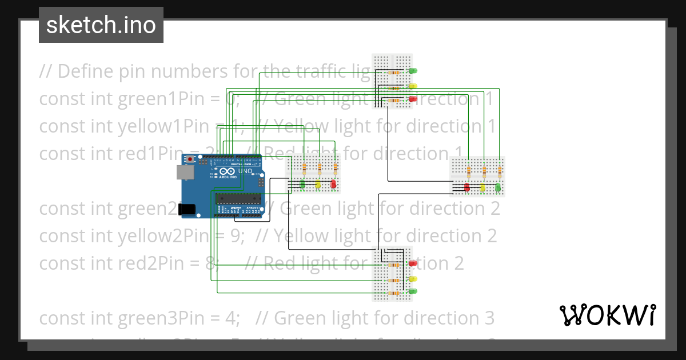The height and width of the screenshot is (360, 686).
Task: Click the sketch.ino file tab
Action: click(x=101, y=25)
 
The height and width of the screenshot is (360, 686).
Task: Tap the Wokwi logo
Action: click(x=607, y=315)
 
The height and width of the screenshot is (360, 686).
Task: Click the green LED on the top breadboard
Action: click(x=412, y=71)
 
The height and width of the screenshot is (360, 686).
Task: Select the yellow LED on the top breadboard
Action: click(x=412, y=86)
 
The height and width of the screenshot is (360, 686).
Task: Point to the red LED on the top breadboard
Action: click(x=412, y=99)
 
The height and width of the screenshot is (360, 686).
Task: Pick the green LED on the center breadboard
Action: click(x=302, y=184)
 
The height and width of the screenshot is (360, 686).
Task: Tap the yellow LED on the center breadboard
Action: click(x=318, y=184)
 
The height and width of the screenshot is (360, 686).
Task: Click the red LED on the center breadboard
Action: click(x=333, y=184)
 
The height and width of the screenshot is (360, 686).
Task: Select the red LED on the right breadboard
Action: click(x=467, y=187)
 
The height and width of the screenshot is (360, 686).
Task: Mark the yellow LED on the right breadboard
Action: click(x=482, y=187)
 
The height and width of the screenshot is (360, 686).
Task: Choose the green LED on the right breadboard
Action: click(x=497, y=187)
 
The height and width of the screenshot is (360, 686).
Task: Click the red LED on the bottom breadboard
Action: click(x=412, y=263)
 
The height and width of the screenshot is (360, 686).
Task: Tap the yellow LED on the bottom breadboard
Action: click(x=412, y=278)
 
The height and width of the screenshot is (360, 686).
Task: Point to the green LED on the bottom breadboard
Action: click(x=412, y=291)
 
